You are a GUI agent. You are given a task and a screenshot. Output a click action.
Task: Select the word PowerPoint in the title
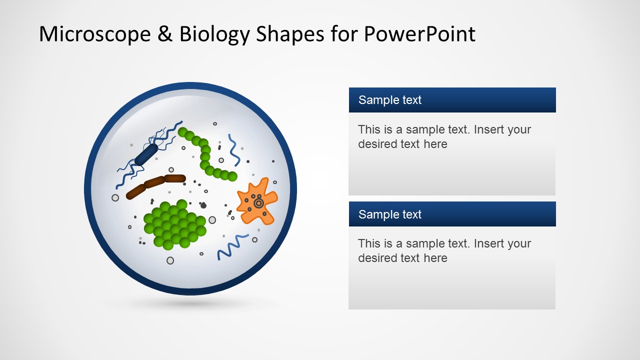coord(419,34)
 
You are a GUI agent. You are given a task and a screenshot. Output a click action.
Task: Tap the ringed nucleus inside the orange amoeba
coord(258,203)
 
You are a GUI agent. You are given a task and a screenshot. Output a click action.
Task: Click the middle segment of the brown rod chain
coord(154,182)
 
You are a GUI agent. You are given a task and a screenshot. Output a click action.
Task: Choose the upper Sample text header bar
coord(452,100)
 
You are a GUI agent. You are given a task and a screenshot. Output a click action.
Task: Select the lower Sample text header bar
coord(452,214)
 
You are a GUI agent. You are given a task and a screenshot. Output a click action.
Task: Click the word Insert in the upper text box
coord(489,129)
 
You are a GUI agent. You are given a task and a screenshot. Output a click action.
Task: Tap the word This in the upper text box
coord(369,129)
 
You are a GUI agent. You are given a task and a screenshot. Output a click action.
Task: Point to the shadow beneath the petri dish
coord(190,303)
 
